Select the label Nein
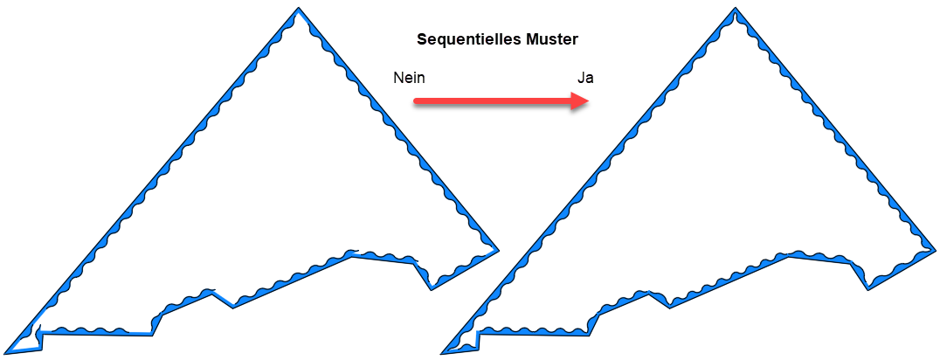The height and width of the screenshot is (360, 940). pyautogui.click(x=409, y=78)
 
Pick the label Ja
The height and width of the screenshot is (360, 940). pyautogui.click(x=585, y=78)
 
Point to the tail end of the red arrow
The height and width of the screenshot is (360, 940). pyautogui.click(x=417, y=101)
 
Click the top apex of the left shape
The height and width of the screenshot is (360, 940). pyautogui.click(x=297, y=10)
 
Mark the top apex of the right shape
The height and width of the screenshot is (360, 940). pyautogui.click(x=736, y=10)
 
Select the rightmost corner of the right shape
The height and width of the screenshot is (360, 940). pyautogui.click(x=934, y=251)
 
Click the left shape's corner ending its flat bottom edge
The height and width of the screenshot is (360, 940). pyautogui.click(x=153, y=333)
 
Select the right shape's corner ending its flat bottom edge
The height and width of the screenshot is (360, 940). pyautogui.click(x=591, y=333)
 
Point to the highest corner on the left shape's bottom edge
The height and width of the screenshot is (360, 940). pyautogui.click(x=353, y=254)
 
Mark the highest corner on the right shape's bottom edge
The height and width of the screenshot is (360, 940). pyautogui.click(x=791, y=254)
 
